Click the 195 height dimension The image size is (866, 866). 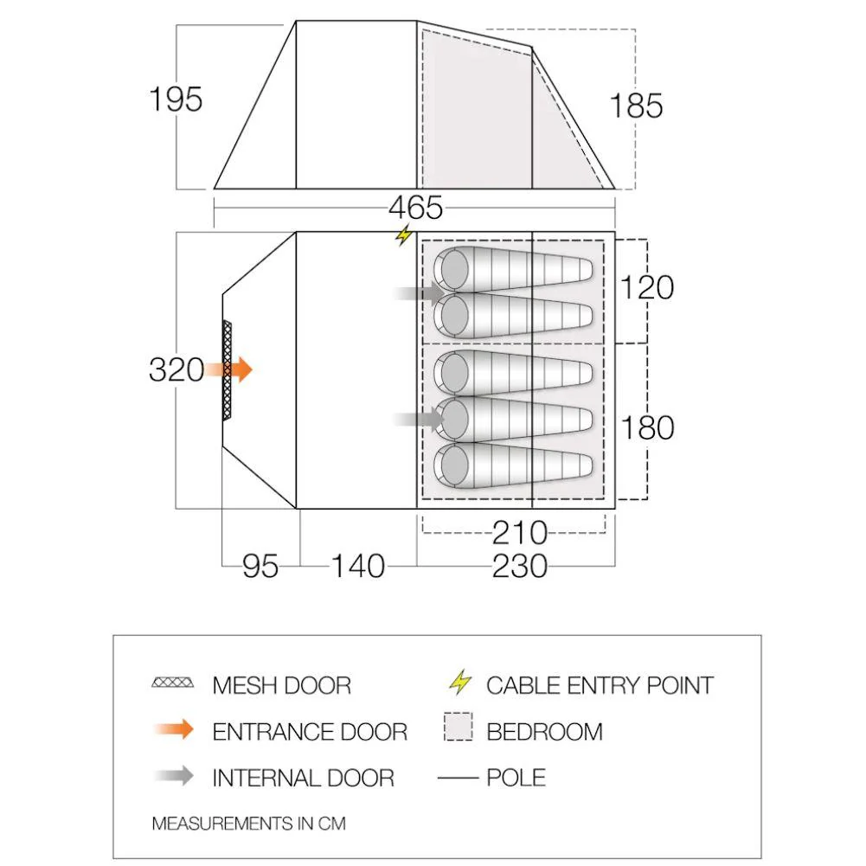176,99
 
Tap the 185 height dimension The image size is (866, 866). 636,106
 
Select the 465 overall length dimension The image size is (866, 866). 415,208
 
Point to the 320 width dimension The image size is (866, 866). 176,369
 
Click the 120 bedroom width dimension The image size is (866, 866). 647,287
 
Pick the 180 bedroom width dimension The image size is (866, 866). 647,427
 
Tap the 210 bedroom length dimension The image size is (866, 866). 520,533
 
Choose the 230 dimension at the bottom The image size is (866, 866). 520,566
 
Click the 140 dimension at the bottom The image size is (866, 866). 358,566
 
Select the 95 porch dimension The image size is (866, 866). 260,566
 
